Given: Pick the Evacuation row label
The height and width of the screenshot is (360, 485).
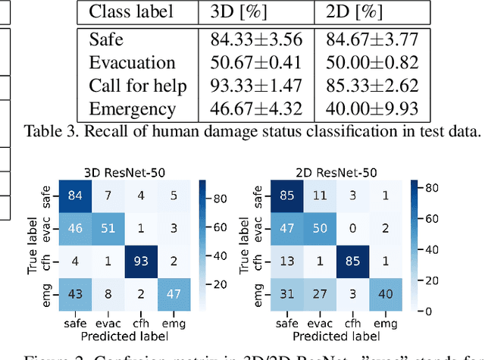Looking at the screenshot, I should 132,61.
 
